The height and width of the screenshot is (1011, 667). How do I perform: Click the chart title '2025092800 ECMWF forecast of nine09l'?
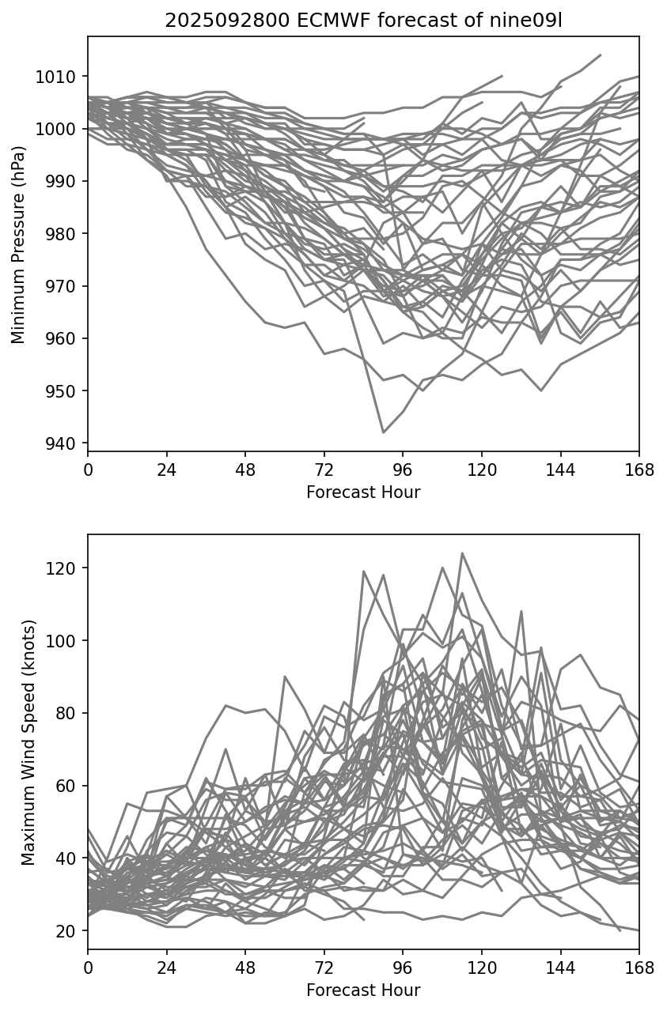pyautogui.click(x=363, y=21)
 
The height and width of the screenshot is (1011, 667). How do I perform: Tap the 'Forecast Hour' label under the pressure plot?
pyautogui.click(x=363, y=492)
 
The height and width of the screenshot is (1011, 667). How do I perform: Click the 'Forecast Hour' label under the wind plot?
pyautogui.click(x=363, y=990)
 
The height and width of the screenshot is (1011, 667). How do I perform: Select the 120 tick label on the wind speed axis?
pyautogui.click(x=66, y=568)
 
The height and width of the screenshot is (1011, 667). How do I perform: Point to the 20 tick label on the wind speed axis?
pyautogui.click(x=69, y=931)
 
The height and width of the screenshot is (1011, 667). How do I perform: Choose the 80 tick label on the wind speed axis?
pyautogui.click(x=69, y=714)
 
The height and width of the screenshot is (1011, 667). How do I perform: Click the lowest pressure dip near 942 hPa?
pyautogui.click(x=384, y=432)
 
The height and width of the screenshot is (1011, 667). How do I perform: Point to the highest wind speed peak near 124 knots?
pyautogui.click(x=462, y=553)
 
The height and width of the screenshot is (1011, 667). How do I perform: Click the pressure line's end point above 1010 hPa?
pyautogui.click(x=601, y=55)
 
